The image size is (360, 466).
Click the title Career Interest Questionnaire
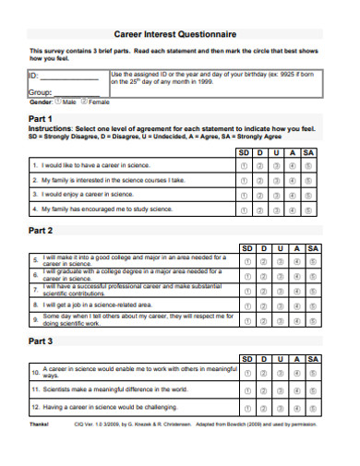click(x=180, y=30)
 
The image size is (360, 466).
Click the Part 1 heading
click(x=42, y=120)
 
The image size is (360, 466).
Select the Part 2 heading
click(x=42, y=230)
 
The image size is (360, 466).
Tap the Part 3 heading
click(x=42, y=341)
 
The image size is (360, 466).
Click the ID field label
click(x=34, y=76)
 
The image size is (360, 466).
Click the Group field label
click(x=40, y=93)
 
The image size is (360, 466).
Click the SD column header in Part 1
click(x=245, y=151)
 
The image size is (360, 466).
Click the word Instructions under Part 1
click(x=51, y=128)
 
